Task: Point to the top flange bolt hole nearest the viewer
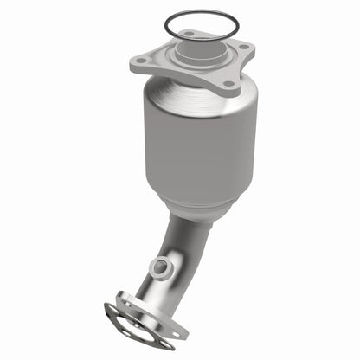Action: click(228, 85)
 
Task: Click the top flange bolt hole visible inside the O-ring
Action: click(186, 34)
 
